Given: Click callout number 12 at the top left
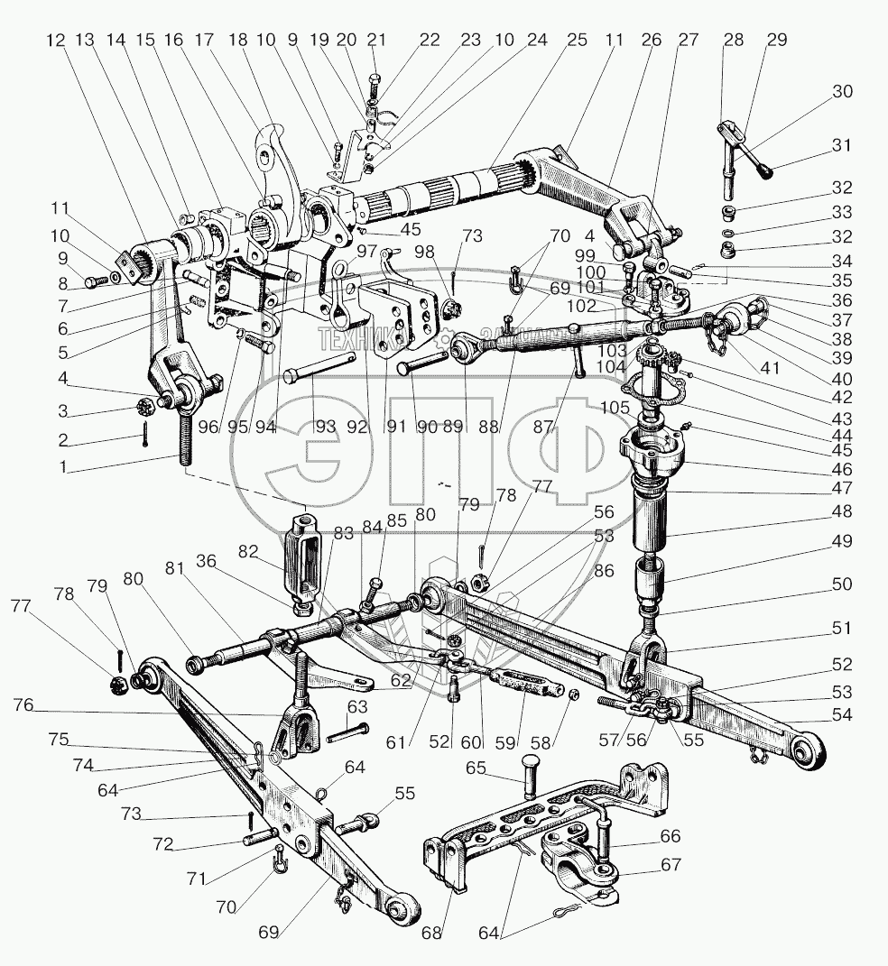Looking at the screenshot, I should point(57,40).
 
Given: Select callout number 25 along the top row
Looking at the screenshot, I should point(577,40).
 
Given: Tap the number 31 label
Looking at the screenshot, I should point(841,145).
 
